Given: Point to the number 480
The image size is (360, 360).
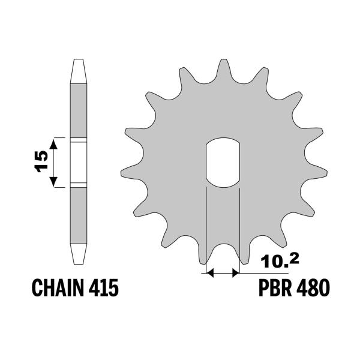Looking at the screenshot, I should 314,289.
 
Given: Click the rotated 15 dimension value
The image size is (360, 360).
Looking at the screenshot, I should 41,163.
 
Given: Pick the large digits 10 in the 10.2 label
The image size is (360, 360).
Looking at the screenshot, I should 271,262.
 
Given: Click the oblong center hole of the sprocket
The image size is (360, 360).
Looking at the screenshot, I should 223,162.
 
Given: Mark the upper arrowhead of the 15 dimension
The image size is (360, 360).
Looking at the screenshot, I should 54,142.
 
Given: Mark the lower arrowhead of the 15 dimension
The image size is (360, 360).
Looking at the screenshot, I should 54,182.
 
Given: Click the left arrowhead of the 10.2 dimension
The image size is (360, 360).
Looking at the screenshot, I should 210,273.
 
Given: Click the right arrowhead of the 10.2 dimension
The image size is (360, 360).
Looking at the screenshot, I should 235,273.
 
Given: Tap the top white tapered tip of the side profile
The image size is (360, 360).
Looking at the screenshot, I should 79,70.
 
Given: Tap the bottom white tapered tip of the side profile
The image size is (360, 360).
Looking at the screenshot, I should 79,253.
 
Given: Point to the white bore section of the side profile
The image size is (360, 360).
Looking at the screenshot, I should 79,162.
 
